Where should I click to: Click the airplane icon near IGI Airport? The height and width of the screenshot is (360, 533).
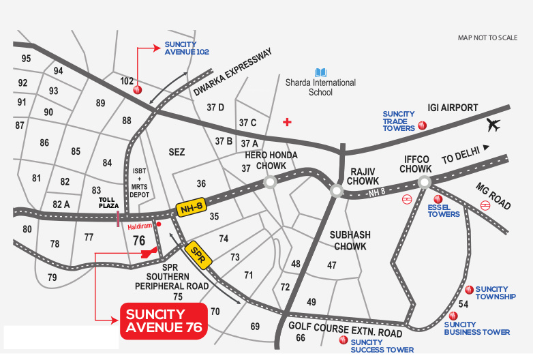pyautogui.click(x=494, y=125)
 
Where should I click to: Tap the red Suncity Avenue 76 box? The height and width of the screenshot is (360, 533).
pyautogui.click(x=164, y=320)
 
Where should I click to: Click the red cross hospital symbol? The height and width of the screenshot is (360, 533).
pyautogui.click(x=288, y=122)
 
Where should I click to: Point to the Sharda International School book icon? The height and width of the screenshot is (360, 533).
pyautogui.click(x=320, y=72)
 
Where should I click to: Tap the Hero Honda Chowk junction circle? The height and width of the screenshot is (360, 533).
pyautogui.click(x=271, y=182)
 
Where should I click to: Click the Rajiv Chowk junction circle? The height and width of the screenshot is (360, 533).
pyautogui.click(x=336, y=191)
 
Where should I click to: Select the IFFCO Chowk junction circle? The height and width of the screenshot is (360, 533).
pyautogui.click(x=425, y=182)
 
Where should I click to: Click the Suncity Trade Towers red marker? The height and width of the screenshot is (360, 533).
pyautogui.click(x=423, y=125)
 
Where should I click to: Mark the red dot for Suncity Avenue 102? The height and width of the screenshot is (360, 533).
pyautogui.click(x=137, y=90)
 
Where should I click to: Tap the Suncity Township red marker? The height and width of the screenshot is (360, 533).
pyautogui.click(x=468, y=290)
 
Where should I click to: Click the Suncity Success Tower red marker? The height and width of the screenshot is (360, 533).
pyautogui.click(x=344, y=339)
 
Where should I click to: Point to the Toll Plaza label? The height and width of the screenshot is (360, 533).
pyautogui.click(x=108, y=202)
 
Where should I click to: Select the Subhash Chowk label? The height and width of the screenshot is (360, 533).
pyautogui.click(x=350, y=240)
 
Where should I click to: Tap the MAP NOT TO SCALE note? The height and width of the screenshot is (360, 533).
pyautogui.click(x=487, y=38)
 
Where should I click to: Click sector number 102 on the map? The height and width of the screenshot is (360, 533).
pyautogui.click(x=127, y=81)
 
